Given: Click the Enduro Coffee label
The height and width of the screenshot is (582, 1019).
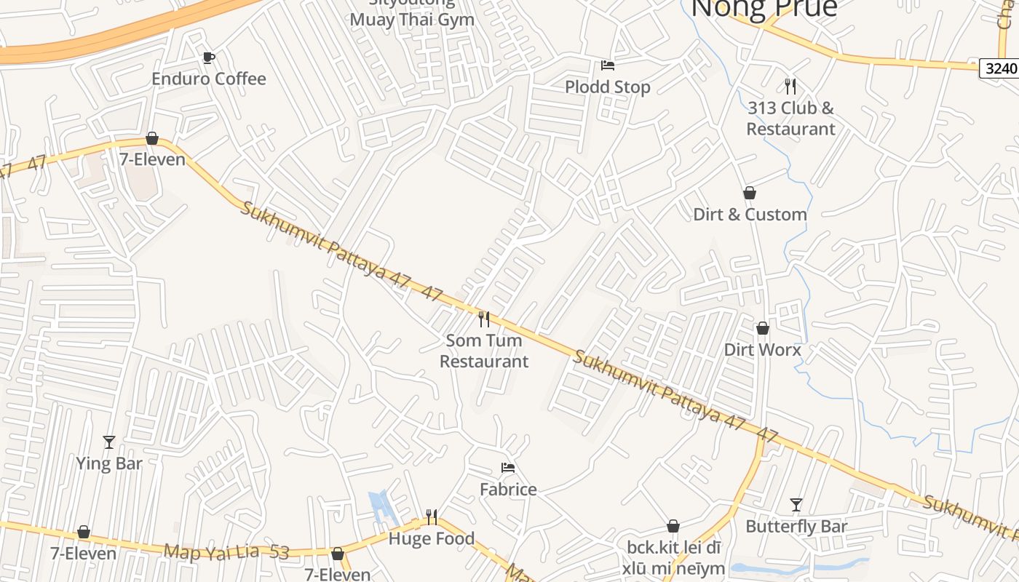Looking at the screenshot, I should tap(209, 79).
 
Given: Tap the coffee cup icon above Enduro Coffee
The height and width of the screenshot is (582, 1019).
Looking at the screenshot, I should tap(209, 57).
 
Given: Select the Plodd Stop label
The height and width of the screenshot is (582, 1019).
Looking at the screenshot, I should tap(608, 87).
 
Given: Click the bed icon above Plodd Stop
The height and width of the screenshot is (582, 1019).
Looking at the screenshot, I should tap(608, 65).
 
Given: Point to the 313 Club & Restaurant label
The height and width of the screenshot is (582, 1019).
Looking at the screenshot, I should tap(790, 119).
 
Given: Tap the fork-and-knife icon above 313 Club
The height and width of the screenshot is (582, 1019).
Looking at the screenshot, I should tap(790, 87).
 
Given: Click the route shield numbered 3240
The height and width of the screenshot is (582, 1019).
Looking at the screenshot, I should tap(999, 69).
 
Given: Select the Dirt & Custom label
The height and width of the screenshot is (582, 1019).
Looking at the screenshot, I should tap(750, 215).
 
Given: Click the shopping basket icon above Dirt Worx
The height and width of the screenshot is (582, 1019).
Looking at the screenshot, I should tap(762, 328).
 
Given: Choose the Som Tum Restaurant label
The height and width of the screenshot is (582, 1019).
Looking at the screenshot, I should tap(484, 351).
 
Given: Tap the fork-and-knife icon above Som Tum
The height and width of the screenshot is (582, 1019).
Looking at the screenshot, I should tap(483, 319).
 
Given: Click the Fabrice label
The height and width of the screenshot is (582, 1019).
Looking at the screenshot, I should tap(508, 490).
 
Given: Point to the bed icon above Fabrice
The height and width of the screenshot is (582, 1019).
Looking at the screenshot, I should tap(508, 468).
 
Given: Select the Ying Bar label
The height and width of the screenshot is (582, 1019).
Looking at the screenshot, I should tap(109, 463).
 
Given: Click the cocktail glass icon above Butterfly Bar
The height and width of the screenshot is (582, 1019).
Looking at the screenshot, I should tap(796, 504).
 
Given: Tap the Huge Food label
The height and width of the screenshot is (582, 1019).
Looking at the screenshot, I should tap(432, 539).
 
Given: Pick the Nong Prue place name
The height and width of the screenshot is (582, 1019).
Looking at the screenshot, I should tap(764, 9).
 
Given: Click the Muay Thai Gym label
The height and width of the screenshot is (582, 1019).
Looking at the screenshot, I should tap(412, 19).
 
